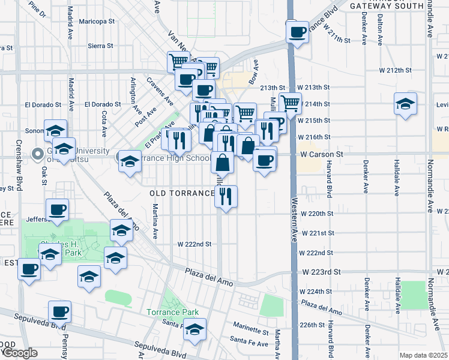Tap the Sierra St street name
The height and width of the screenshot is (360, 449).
[100, 46]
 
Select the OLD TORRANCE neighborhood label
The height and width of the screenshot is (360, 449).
[182, 193]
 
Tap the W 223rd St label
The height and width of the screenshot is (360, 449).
[320, 272]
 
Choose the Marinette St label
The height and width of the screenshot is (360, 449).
[251, 331]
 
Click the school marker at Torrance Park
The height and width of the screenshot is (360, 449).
[194, 329]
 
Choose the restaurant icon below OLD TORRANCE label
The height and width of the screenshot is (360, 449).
[226, 196]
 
